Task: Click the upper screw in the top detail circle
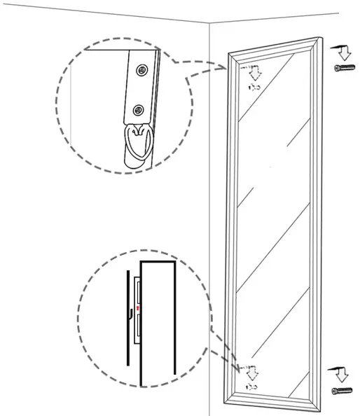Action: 143,69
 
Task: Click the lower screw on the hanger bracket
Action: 139,109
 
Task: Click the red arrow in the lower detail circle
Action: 138,307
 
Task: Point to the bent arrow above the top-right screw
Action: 342,50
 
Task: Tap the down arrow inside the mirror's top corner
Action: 254,71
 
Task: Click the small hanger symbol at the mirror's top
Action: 254,87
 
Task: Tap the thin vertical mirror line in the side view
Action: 127,315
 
